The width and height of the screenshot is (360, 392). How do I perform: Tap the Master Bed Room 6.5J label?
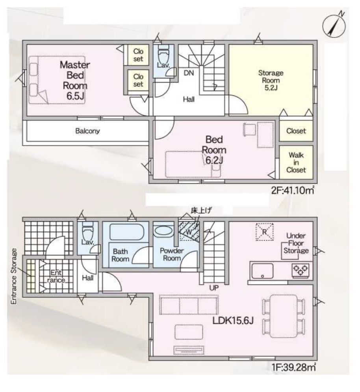click(75, 80)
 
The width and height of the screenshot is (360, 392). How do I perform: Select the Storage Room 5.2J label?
click(271, 80)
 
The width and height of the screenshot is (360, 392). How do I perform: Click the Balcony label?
click(87, 131)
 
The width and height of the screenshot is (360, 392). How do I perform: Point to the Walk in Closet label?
click(296, 162)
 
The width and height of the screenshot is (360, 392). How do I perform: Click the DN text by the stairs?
click(189, 73)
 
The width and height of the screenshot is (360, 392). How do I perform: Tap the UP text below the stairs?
click(214, 288)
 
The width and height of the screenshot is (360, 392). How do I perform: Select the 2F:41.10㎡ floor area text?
click(293, 190)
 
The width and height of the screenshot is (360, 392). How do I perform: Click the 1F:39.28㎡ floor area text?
click(293, 367)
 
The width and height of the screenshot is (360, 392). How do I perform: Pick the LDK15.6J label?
click(233, 320)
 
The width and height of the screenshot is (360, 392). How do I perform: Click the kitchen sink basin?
click(262, 271)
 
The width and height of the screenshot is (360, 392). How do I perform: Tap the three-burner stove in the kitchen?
click(301, 270)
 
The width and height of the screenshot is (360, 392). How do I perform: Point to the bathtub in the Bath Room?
click(126, 232)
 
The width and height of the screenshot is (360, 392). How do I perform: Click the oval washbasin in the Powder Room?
click(163, 231)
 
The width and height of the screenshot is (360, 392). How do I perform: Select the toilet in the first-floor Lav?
click(87, 231)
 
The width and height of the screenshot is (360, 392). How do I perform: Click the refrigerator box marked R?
click(264, 232)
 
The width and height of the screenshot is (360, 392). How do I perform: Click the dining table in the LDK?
click(284, 316)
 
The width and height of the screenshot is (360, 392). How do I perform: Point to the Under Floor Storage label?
click(296, 243)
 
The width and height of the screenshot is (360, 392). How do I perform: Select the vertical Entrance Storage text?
click(14, 276)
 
